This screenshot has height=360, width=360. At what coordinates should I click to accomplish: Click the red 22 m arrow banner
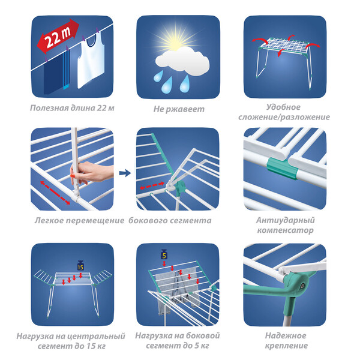58,36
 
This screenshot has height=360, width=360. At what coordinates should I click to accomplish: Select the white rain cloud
182,61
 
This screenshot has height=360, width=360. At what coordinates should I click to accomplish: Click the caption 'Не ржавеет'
179,109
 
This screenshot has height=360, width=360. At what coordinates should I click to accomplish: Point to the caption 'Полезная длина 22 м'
72,108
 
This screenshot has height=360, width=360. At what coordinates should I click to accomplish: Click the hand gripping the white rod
92,172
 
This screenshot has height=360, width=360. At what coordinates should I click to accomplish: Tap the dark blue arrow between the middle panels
125,173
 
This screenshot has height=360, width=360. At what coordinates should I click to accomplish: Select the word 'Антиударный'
286,220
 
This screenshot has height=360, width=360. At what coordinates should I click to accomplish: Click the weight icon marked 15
80,265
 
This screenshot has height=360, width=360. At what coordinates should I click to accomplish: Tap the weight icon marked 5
164,254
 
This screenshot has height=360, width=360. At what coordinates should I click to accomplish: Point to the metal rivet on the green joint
302,286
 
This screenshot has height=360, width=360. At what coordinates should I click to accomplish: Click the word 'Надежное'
286,335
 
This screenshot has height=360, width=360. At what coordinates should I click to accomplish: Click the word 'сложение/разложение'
284,117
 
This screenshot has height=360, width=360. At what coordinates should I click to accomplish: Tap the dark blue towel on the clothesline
53,74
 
